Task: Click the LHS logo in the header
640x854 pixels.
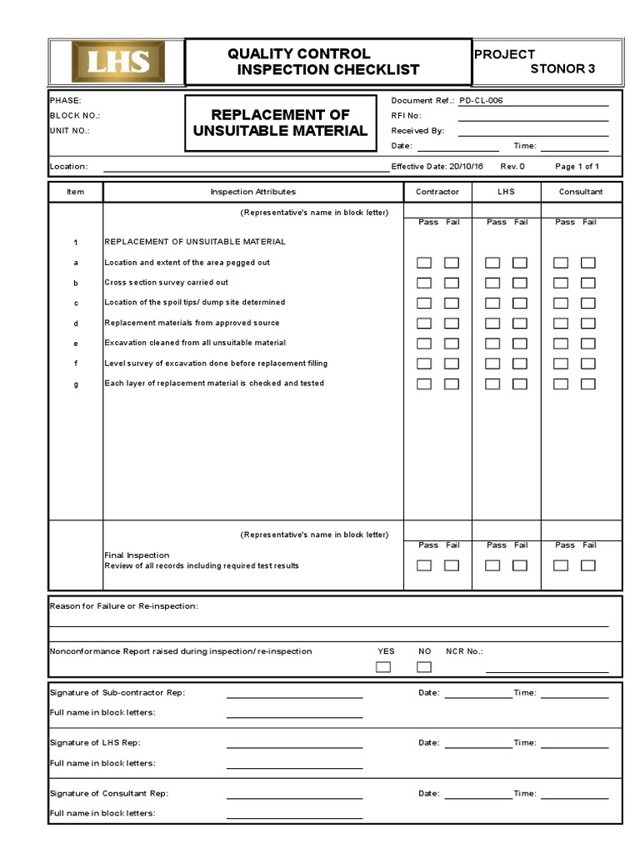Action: pos(117,62)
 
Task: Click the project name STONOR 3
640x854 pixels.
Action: pos(562,69)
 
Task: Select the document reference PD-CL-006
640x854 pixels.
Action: pos(482,101)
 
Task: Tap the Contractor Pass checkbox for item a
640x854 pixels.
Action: pos(424,263)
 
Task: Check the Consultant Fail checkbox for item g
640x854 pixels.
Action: pos(588,384)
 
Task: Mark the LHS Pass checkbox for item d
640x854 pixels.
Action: pos(492,324)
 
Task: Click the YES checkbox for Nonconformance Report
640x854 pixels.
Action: pos(383,666)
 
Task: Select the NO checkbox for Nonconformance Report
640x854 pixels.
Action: pos(424,666)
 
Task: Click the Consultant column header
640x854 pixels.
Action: pos(580,192)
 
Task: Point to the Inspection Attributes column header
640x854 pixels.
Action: pos(252,192)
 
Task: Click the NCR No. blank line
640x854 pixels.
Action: pos(547,671)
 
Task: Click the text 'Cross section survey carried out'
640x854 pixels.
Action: pos(166,283)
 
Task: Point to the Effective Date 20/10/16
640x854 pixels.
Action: pos(437,166)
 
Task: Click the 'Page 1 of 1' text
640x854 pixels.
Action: pos(577,166)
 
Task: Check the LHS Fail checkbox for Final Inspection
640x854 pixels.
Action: pos(520,565)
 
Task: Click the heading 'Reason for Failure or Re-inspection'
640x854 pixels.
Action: pos(124,605)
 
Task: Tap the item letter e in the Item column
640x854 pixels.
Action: pos(76,344)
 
